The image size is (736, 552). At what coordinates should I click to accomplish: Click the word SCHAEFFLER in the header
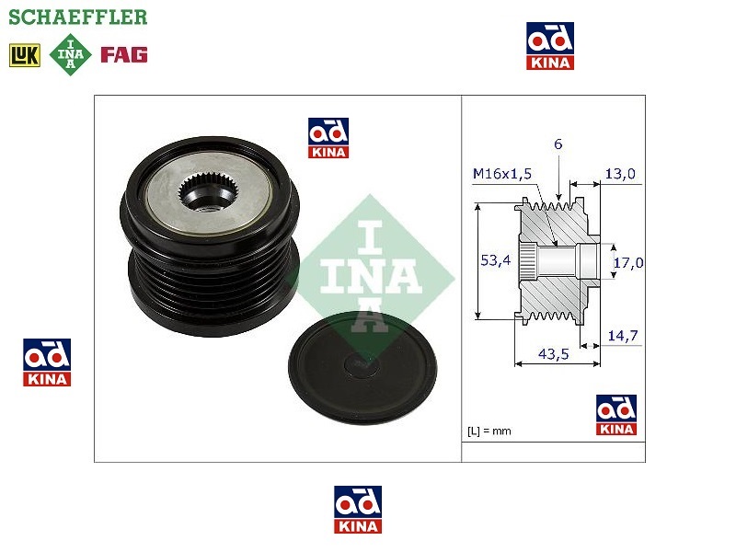click(77, 17)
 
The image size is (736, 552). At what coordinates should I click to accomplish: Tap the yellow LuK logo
click(25, 54)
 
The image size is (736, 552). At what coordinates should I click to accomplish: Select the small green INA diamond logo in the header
click(72, 54)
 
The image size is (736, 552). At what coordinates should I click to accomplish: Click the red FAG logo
click(124, 54)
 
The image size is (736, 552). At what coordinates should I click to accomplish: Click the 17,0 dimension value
click(628, 262)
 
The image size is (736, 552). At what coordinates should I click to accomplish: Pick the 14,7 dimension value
click(623, 336)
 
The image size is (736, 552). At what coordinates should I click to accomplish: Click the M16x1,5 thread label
click(502, 173)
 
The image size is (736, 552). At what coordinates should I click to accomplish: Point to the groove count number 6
click(558, 144)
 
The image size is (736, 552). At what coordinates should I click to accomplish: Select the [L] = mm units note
click(489, 431)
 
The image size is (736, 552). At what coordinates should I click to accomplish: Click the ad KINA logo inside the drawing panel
click(615, 415)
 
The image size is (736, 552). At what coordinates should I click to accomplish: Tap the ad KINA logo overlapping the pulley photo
click(328, 139)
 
